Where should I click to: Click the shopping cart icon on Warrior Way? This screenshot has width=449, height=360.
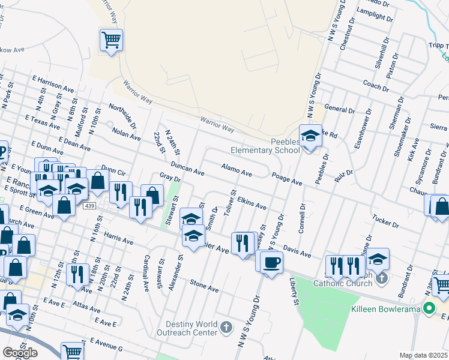[x=111, y=40]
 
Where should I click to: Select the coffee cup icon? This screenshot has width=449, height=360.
[x=271, y=262]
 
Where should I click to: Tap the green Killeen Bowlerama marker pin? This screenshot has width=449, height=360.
[x=429, y=310]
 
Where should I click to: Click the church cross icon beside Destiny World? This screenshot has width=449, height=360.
[x=226, y=327]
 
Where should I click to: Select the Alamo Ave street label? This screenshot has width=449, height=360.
[x=236, y=169]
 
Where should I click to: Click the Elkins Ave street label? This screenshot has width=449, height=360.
[x=252, y=202]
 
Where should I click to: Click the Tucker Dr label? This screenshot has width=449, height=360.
[x=385, y=222]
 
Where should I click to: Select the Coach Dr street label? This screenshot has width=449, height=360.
[x=376, y=85]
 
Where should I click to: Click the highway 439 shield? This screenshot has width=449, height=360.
[x=90, y=206]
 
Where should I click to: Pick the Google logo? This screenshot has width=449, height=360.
[x=20, y=353]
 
